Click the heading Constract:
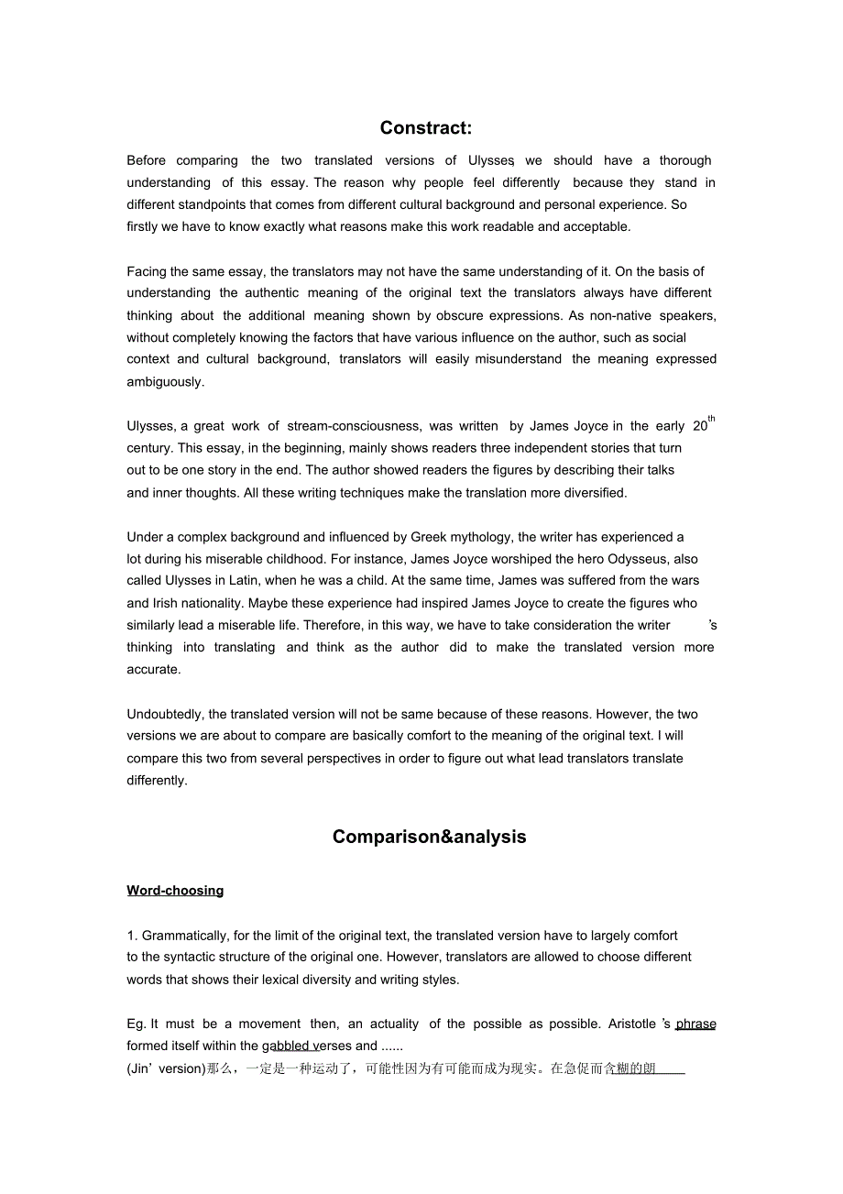426,128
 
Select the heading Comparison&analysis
429,837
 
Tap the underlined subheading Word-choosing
175,891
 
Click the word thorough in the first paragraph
685,160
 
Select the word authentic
272,293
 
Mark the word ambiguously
166,382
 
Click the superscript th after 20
712,420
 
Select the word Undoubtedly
166,715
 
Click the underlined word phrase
695,1024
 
